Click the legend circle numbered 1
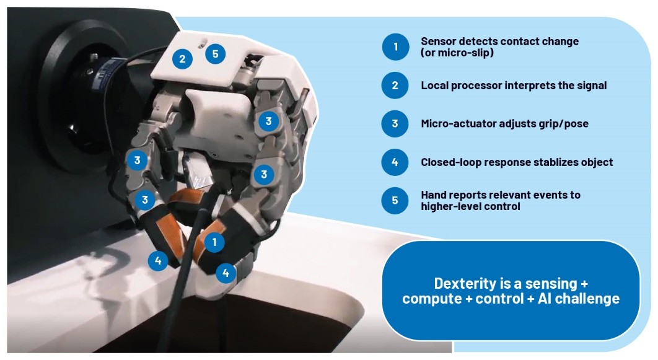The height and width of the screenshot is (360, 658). [x=395, y=46]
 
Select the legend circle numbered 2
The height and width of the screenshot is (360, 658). [x=395, y=85]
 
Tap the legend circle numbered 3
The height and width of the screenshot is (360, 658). [x=395, y=124]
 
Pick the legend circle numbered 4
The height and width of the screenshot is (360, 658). [x=395, y=162]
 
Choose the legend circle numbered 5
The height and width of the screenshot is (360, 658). [x=395, y=200]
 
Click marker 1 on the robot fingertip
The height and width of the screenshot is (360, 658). [x=214, y=242]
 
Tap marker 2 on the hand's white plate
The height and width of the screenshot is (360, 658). [x=182, y=59]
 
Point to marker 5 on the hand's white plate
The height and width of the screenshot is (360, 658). [x=215, y=54]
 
